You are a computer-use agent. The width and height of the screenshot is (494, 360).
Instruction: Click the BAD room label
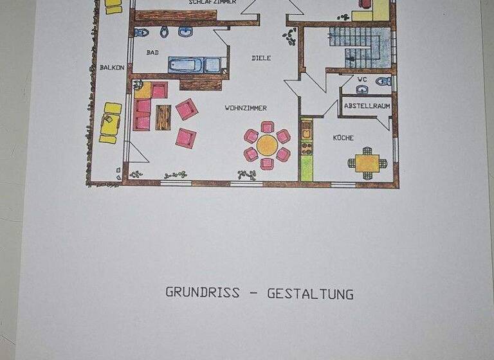[152, 52]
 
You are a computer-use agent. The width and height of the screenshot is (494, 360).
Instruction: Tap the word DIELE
[261, 58]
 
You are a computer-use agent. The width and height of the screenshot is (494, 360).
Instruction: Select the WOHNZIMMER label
[246, 108]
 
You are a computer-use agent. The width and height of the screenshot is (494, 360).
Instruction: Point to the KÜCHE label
[343, 138]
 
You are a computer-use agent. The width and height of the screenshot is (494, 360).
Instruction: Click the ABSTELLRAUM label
[367, 105]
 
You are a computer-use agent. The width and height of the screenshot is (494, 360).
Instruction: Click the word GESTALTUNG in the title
[310, 294]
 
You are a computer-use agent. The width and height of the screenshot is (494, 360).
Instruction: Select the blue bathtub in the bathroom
[194, 64]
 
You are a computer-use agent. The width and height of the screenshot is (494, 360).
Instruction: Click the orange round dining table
[267, 145]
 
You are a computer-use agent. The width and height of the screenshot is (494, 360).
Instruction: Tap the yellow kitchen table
[367, 163]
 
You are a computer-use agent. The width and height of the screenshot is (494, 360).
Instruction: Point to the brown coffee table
[163, 117]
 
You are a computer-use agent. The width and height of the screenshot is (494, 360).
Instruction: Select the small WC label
[362, 80]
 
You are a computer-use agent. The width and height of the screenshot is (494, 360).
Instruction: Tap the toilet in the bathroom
[142, 32]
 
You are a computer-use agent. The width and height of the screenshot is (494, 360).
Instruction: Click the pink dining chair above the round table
[268, 126]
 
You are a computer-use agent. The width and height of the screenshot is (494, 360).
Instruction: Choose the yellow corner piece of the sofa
[142, 89]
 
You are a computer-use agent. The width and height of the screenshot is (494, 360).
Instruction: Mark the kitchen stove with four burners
[307, 147]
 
